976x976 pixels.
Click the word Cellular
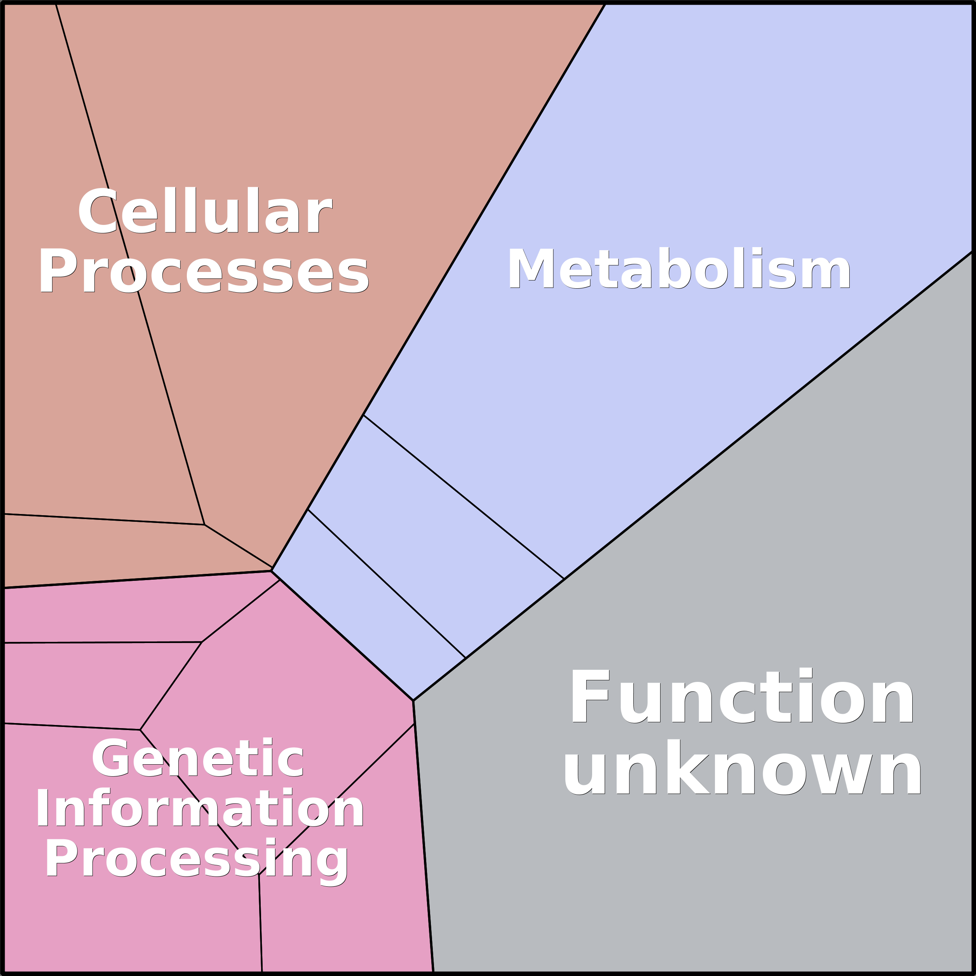205,210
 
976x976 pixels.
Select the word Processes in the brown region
204,271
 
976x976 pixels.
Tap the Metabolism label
679,268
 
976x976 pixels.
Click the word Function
742,696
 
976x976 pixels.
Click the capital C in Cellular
97,211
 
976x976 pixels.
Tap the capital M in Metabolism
532,268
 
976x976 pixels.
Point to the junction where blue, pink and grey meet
413,701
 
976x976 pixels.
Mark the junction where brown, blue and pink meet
272,570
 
